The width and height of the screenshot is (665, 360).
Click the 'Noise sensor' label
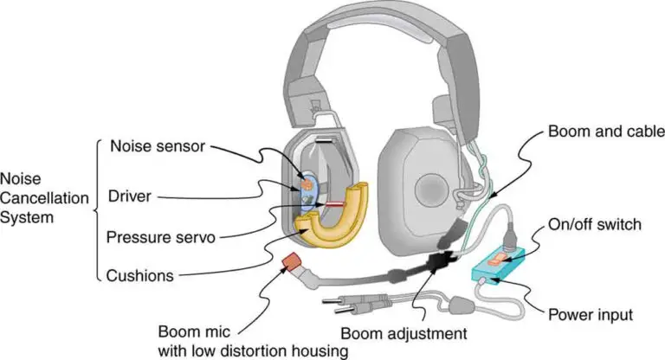(157, 146)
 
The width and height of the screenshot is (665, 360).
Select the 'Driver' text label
(130, 196)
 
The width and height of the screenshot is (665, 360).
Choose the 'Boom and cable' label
(594, 132)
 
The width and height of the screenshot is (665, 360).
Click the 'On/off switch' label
(594, 225)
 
